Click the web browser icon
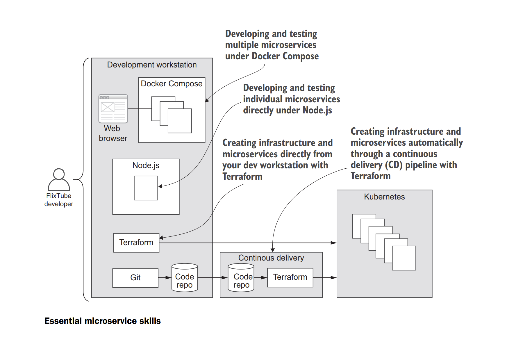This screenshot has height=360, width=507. (x=113, y=109)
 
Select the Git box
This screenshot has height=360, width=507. (x=135, y=278)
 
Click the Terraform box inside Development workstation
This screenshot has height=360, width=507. (x=136, y=243)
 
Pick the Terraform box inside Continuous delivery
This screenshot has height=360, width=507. (x=290, y=277)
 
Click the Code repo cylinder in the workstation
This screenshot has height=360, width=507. (x=185, y=278)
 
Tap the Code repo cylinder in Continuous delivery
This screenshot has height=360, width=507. (x=241, y=278)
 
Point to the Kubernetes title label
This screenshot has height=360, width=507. (x=384, y=197)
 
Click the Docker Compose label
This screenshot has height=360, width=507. (x=172, y=84)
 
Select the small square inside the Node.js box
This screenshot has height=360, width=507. (x=146, y=188)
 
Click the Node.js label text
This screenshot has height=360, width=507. (x=146, y=165)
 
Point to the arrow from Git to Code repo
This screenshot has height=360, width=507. (x=165, y=278)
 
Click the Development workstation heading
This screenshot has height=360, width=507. (x=152, y=65)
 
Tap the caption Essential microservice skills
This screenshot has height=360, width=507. (x=102, y=321)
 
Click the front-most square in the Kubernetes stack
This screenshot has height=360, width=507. (x=404, y=258)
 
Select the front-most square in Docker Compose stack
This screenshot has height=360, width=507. (x=180, y=121)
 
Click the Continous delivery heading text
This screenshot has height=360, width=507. (x=271, y=258)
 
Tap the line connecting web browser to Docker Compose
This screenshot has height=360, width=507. (x=139, y=109)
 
